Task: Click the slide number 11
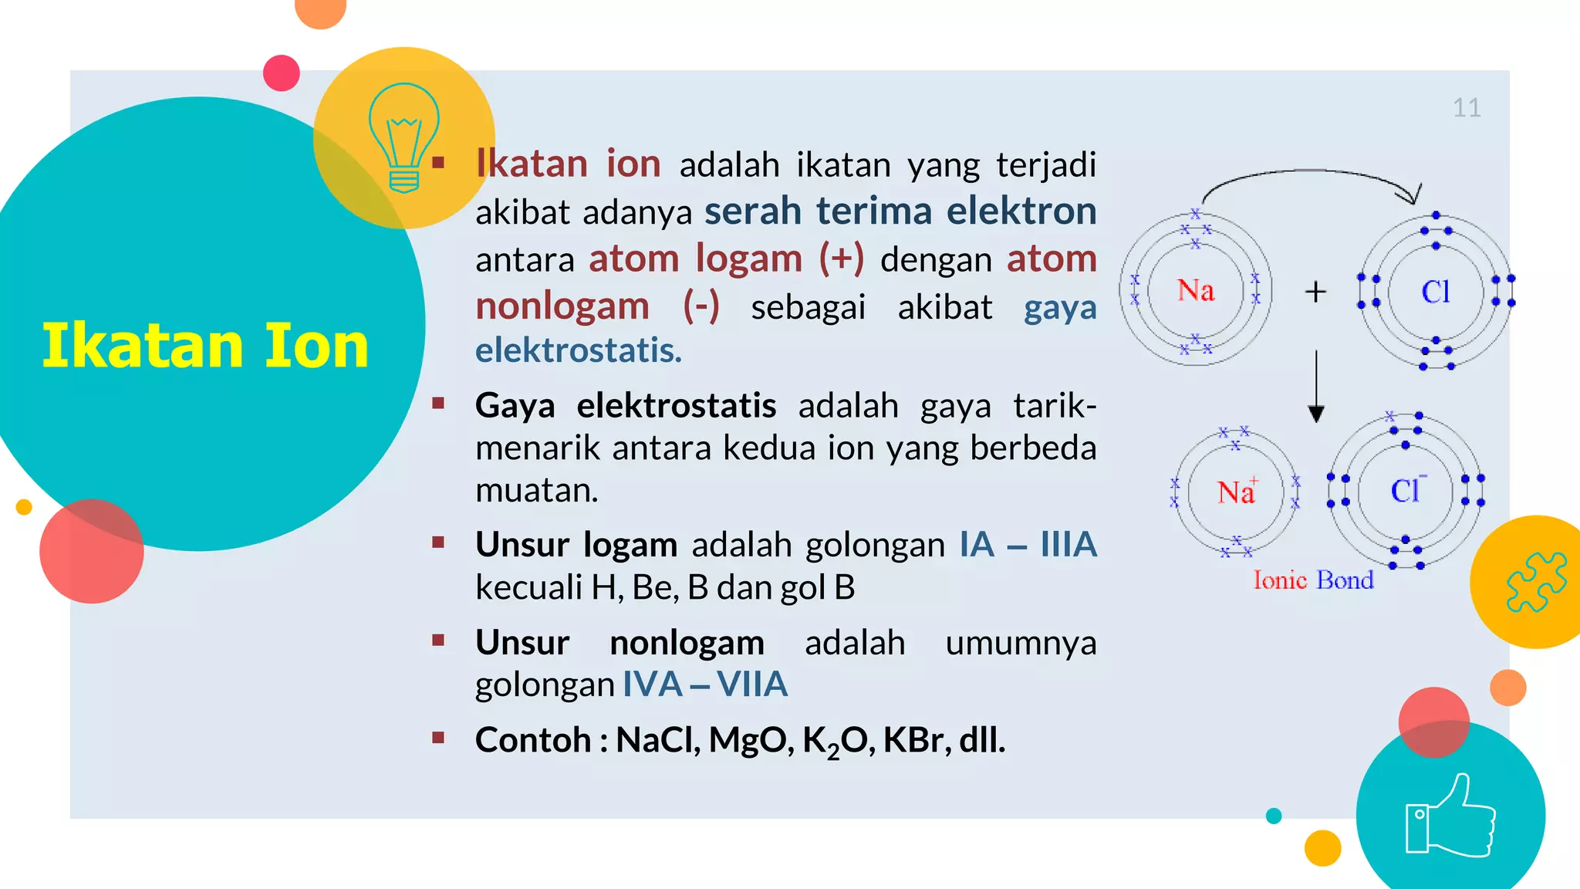coord(1467,108)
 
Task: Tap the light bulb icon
coord(403,137)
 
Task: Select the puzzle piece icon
coord(1536,582)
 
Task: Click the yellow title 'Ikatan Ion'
coord(205,346)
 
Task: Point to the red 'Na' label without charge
coord(1196,291)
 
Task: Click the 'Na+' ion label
coord(1237,492)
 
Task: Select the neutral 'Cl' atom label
coord(1436,292)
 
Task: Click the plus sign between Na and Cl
coord(1315,292)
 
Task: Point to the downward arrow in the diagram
coord(1316,386)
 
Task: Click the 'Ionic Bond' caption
coord(1313,580)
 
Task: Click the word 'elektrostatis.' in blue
coord(579,350)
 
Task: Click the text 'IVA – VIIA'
coord(704,684)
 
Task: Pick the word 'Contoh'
coord(533,740)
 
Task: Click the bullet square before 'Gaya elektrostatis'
coord(438,403)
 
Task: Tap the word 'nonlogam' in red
coord(562,306)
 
